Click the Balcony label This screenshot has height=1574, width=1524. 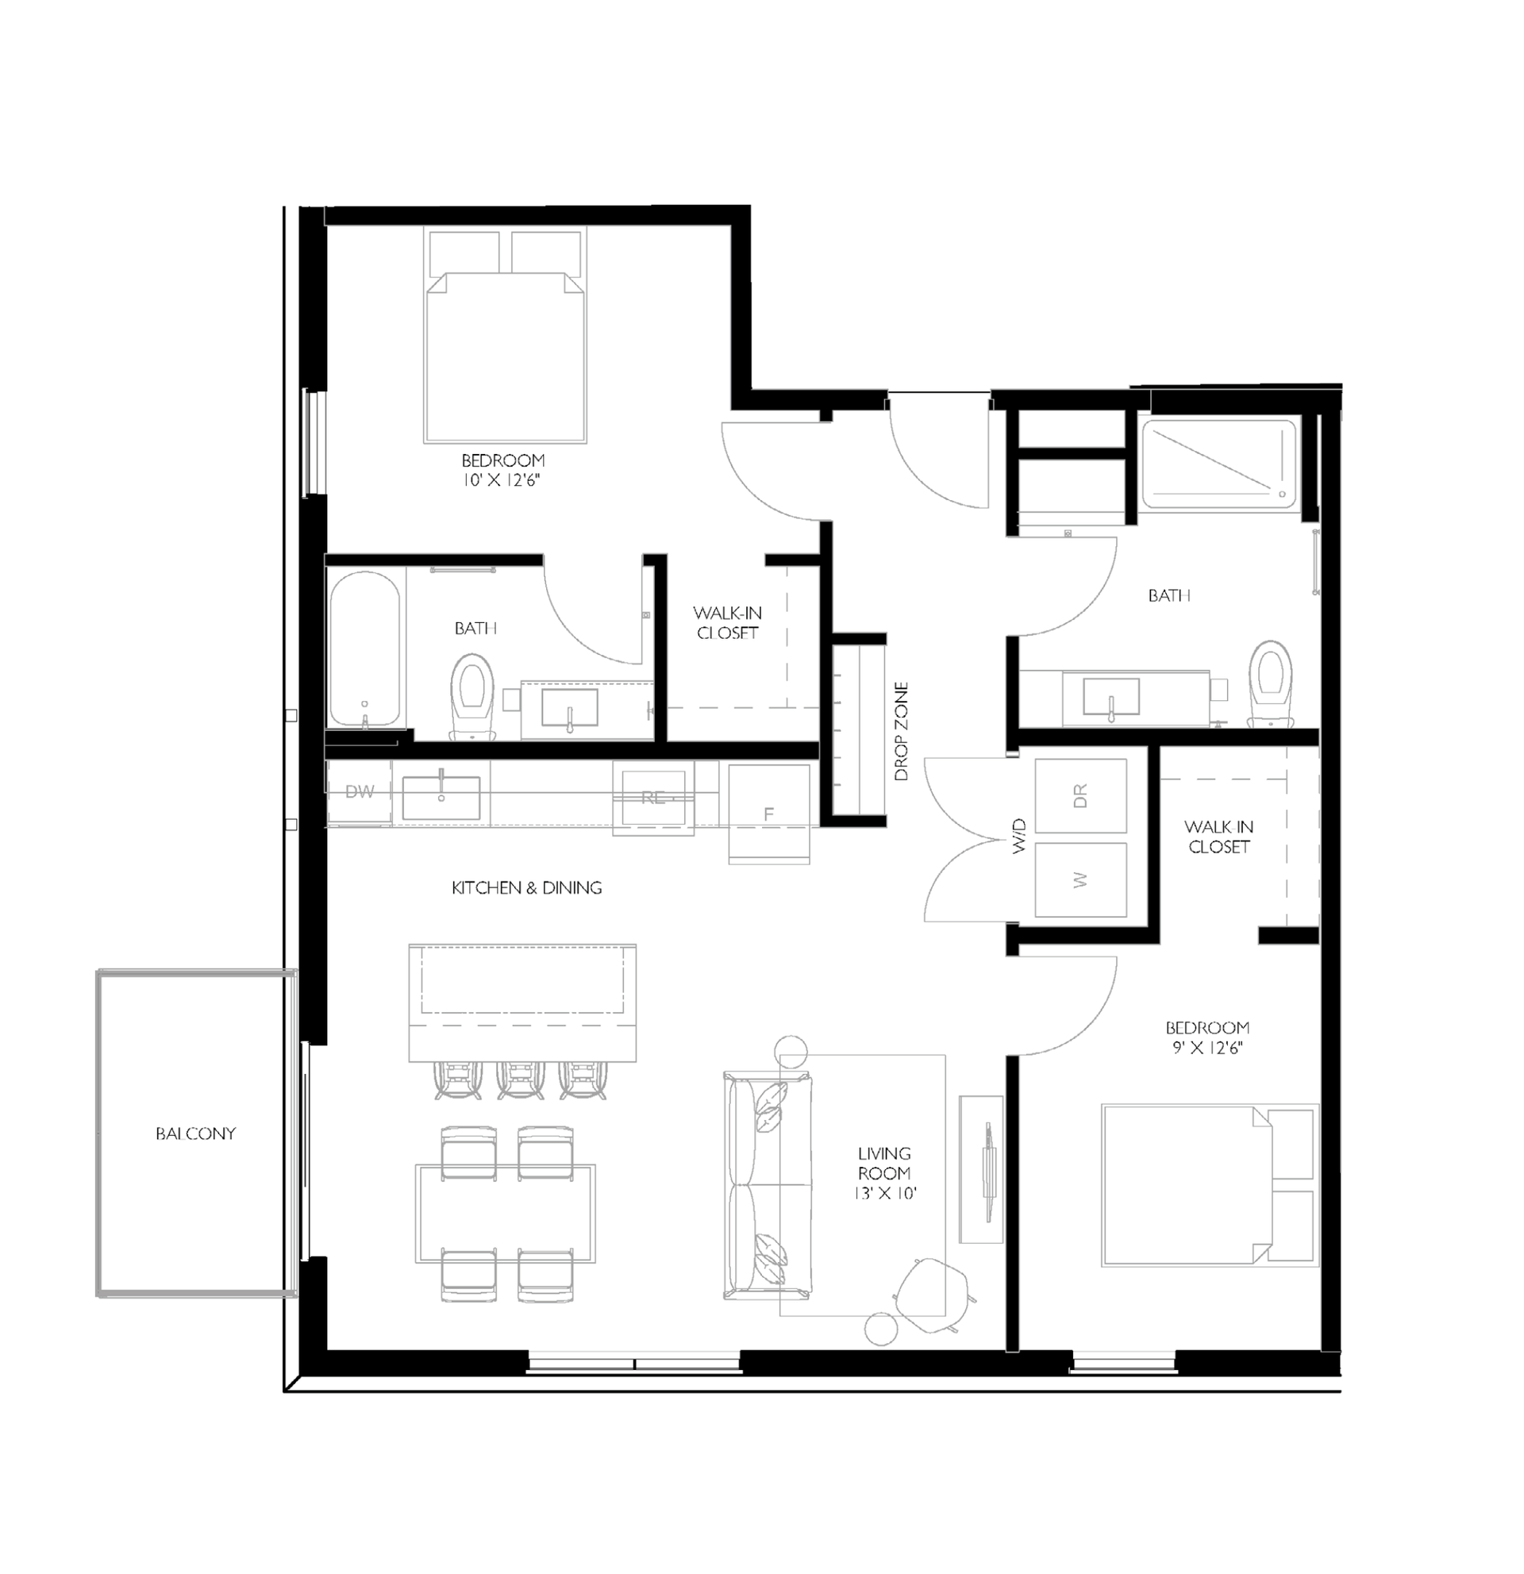pos(195,1133)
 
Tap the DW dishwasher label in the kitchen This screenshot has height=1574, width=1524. pos(360,792)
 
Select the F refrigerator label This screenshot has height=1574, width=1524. pos(768,814)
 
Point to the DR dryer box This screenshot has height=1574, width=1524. pos(1080,795)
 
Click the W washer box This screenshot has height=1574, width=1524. pos(1080,880)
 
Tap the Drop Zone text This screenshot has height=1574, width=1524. pos(902,732)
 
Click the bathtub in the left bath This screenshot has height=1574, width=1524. pos(364,648)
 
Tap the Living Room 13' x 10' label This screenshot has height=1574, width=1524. pos(884,1173)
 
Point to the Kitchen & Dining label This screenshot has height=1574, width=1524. pos(527,887)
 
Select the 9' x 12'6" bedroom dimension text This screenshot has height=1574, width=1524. pos(1207,1047)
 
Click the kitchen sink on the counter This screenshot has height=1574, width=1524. pos(441,797)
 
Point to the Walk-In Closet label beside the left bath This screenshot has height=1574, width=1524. pos(728,622)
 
